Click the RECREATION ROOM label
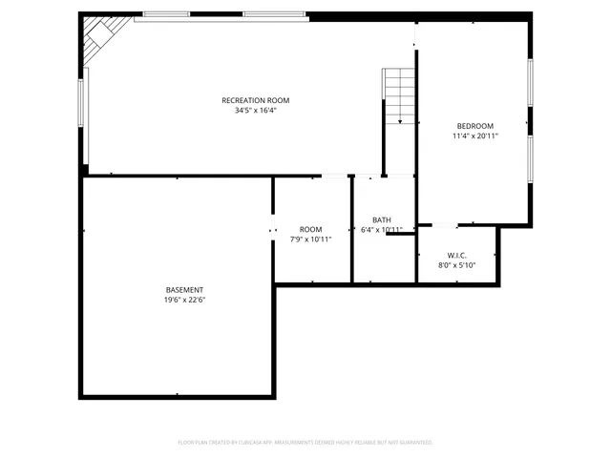click(x=255, y=100)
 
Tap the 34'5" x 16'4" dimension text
click(x=255, y=111)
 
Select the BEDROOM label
click(x=474, y=126)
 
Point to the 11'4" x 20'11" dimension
click(x=474, y=136)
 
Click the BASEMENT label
click(x=184, y=289)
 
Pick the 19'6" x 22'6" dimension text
click(x=184, y=300)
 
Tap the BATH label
click(x=381, y=219)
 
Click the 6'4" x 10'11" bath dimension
click(x=381, y=230)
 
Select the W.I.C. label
click(x=455, y=256)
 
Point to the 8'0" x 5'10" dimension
click(x=455, y=266)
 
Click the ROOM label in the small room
click(x=310, y=229)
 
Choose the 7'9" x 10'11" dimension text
click(x=310, y=239)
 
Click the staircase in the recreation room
click(x=399, y=95)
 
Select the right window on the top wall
click(x=275, y=15)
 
